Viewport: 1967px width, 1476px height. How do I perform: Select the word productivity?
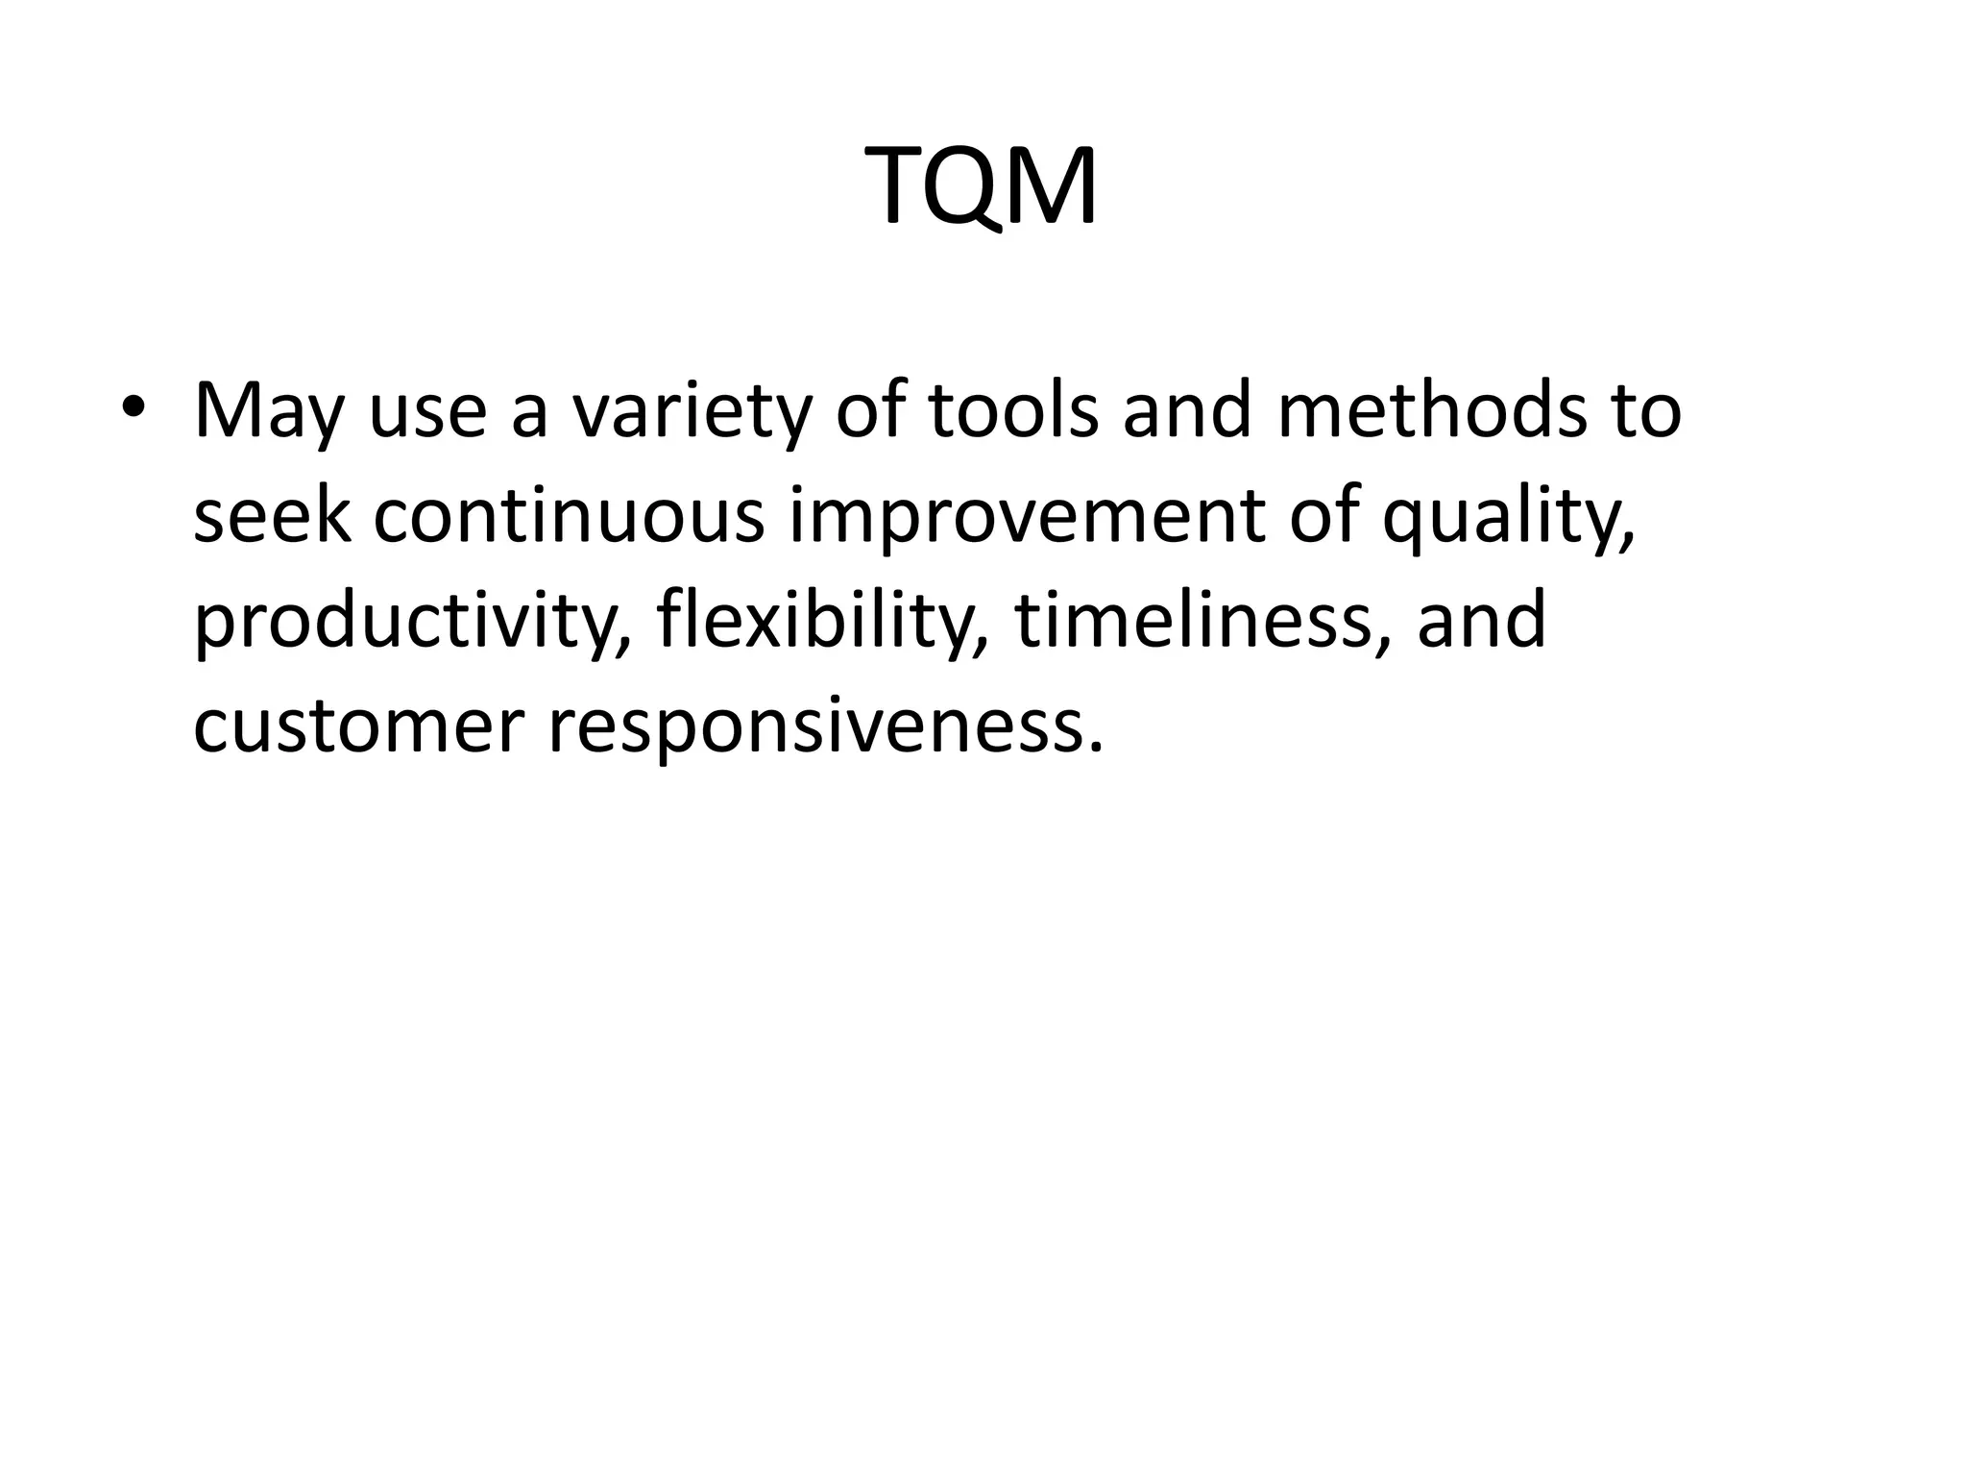click(413, 623)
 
